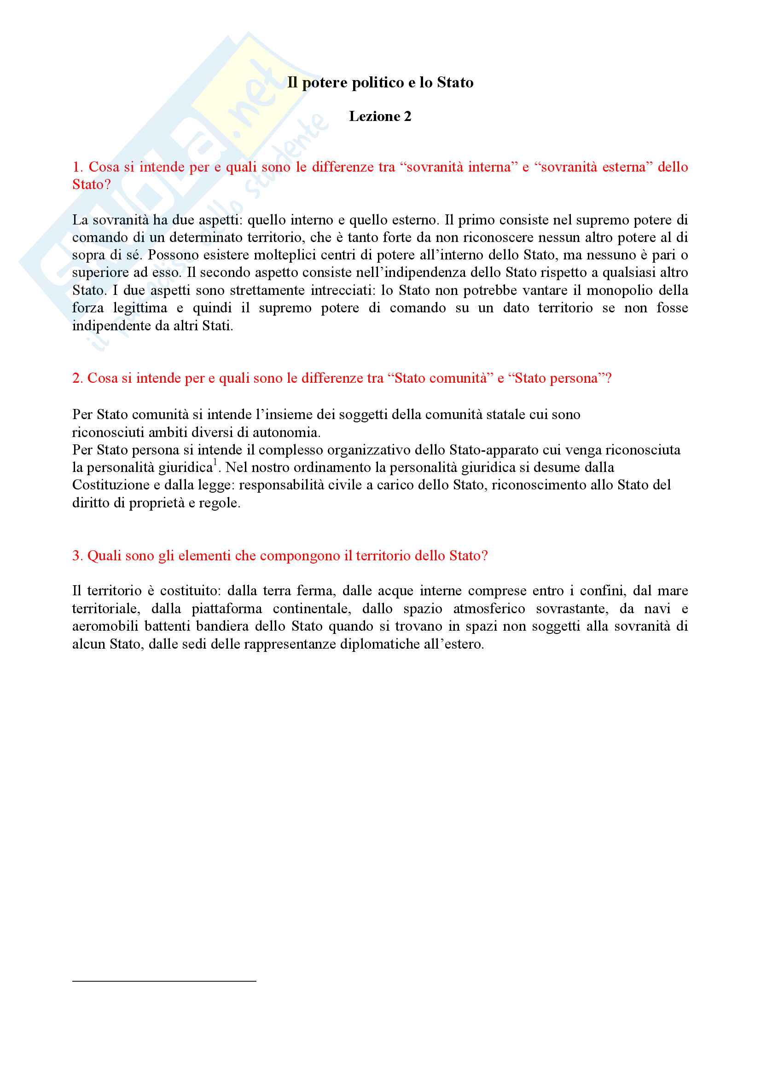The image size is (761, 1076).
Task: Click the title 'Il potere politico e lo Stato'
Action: tap(380, 82)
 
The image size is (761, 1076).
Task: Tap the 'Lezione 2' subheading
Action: tap(380, 116)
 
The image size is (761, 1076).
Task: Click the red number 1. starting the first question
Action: tap(77, 167)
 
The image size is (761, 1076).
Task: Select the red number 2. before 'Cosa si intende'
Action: tap(77, 378)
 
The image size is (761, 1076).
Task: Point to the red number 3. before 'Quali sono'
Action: tap(77, 556)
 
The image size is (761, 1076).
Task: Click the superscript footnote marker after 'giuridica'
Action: tap(215, 462)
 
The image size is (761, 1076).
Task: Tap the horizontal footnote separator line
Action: tap(164, 981)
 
